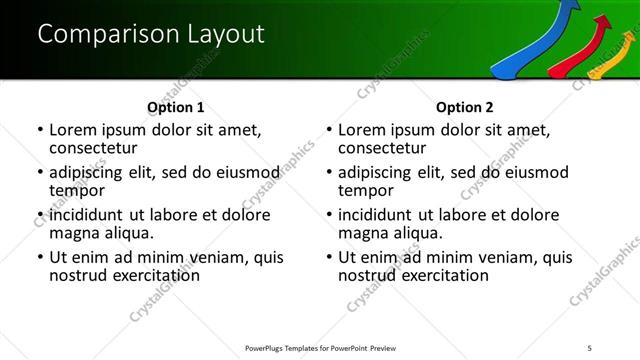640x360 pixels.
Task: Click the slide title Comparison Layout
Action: (x=151, y=33)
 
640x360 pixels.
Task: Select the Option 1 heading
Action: (x=175, y=107)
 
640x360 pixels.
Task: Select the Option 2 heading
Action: (x=465, y=107)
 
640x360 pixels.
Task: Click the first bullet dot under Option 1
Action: (x=39, y=130)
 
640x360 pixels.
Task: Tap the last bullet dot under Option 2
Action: (x=328, y=257)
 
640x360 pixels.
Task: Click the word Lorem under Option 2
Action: (x=362, y=130)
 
